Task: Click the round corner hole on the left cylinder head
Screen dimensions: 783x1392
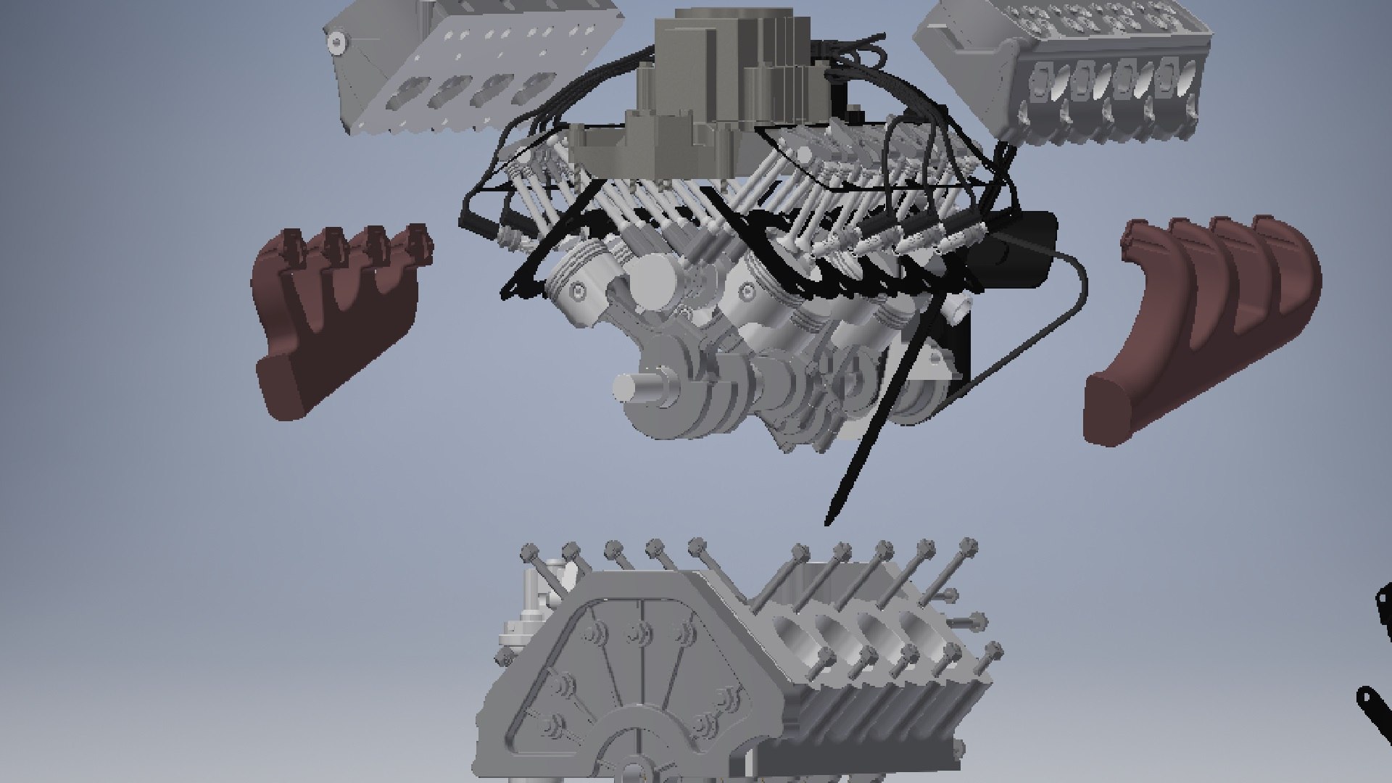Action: pos(335,42)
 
